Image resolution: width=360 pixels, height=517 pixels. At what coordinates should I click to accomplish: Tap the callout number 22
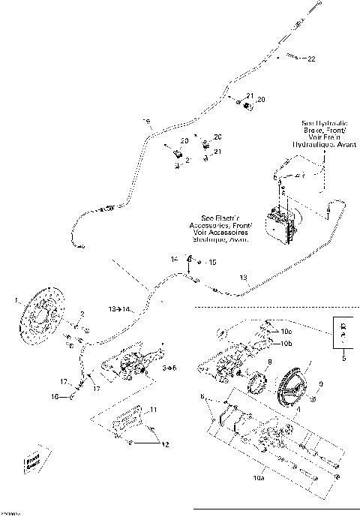(311, 58)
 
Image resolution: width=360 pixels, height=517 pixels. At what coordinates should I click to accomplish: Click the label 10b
(288, 344)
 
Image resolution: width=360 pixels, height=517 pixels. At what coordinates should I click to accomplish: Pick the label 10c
(288, 331)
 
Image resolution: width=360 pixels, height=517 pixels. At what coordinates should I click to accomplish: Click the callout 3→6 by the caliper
(169, 368)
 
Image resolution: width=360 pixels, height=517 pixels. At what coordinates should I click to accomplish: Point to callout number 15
(212, 263)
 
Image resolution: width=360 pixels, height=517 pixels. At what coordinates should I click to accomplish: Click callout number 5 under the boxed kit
(343, 359)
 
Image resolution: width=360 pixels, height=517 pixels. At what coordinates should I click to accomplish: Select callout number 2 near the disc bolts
(83, 313)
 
